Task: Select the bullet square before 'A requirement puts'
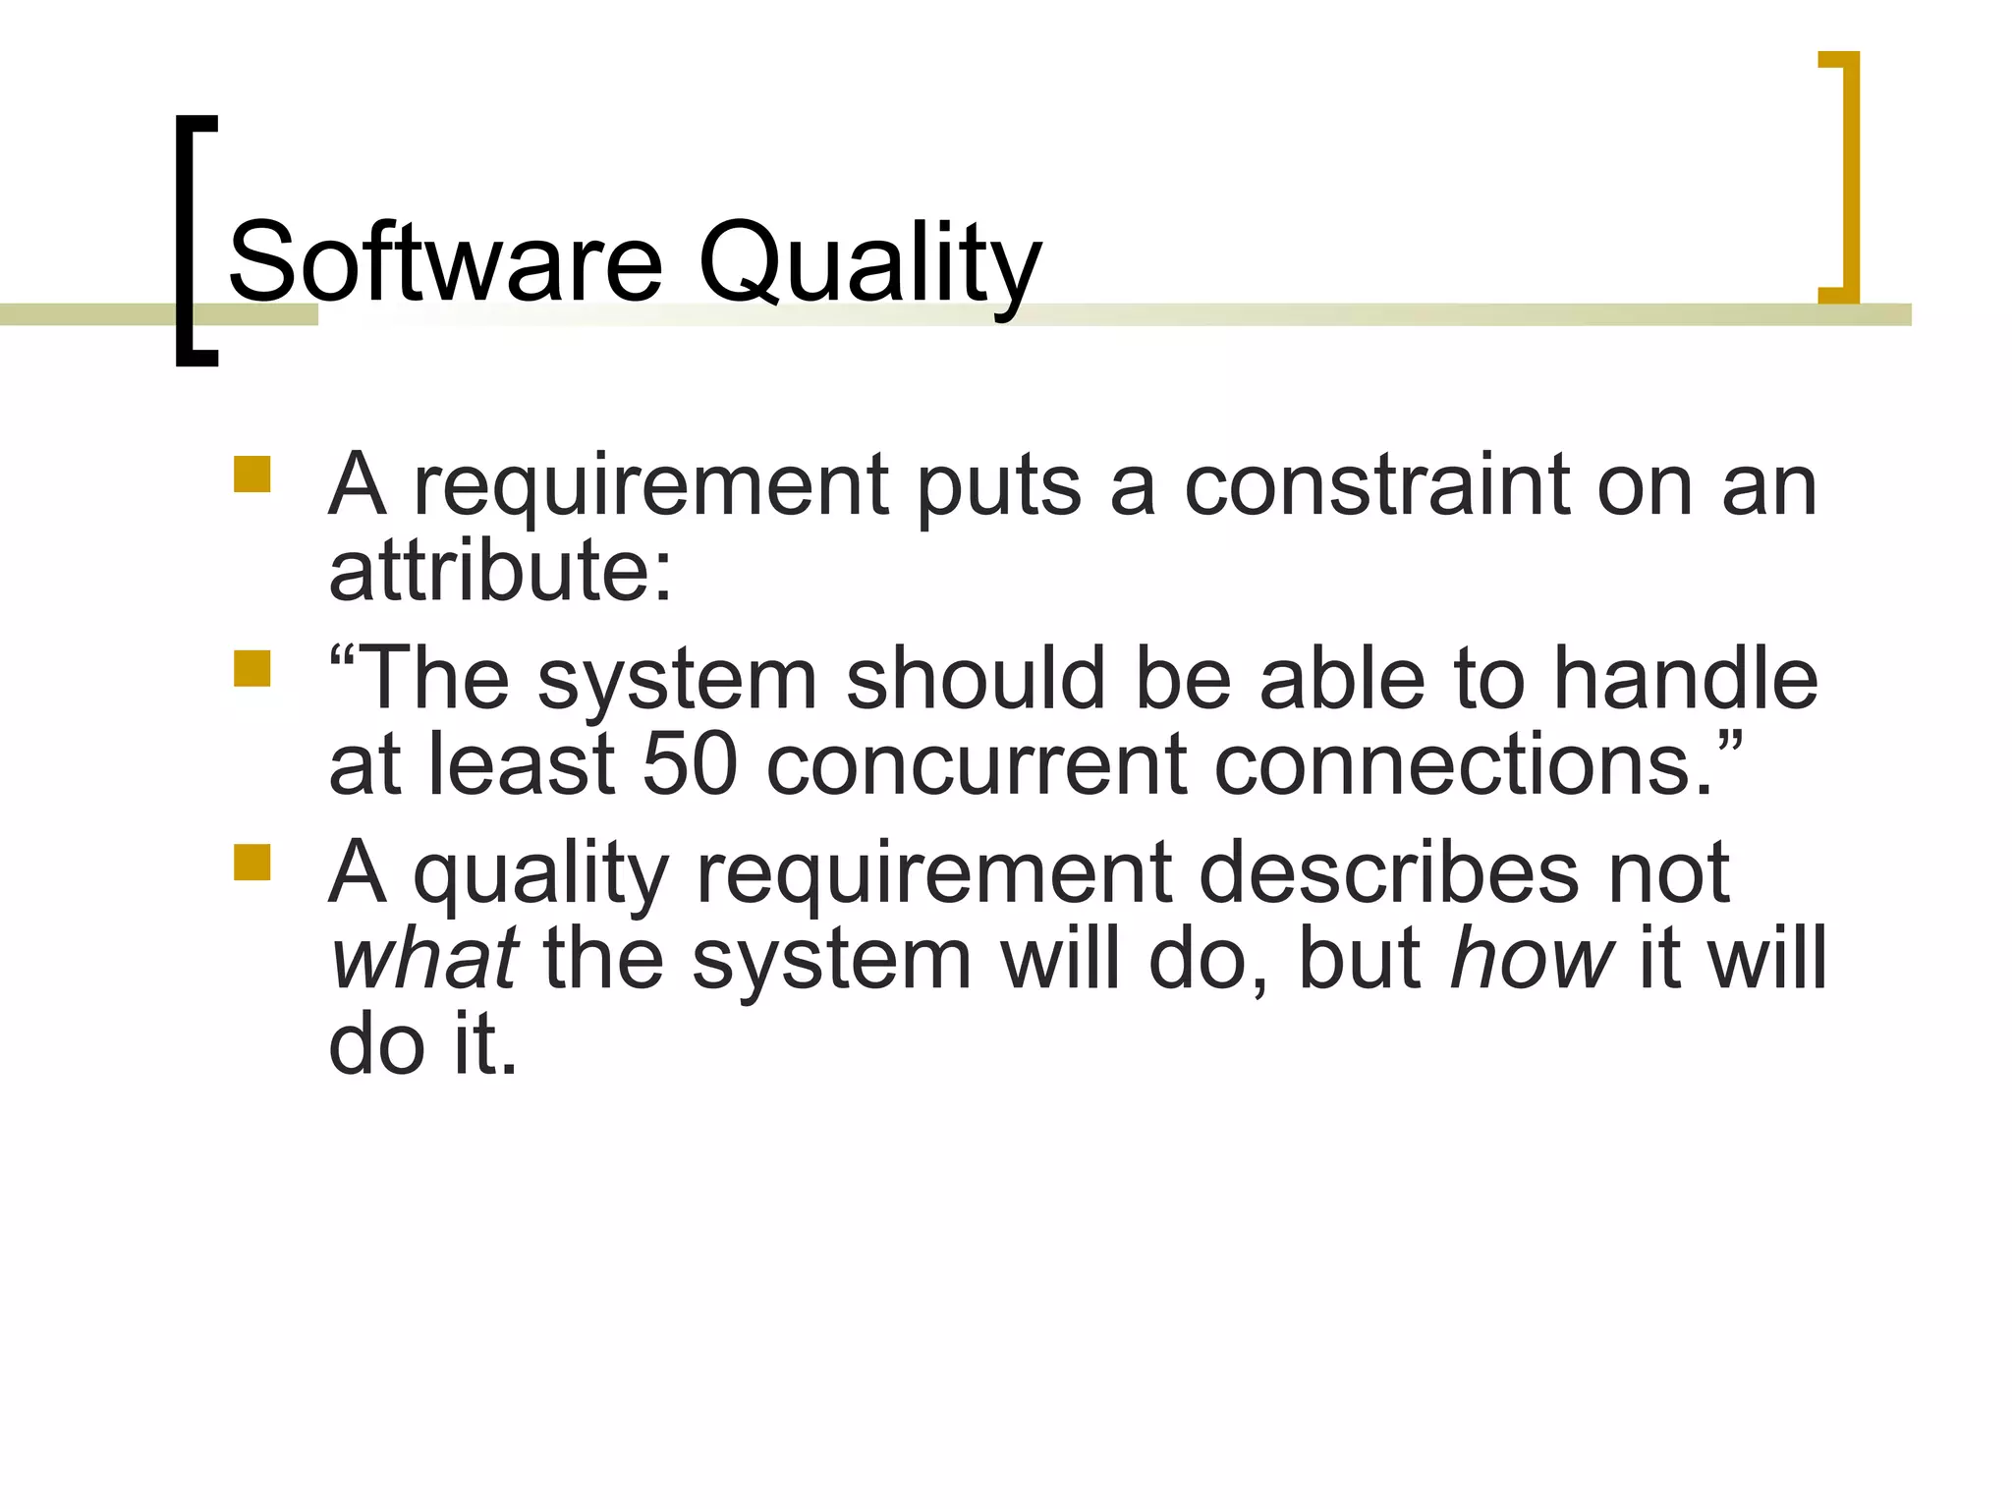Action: click(251, 475)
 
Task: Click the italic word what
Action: click(424, 957)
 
